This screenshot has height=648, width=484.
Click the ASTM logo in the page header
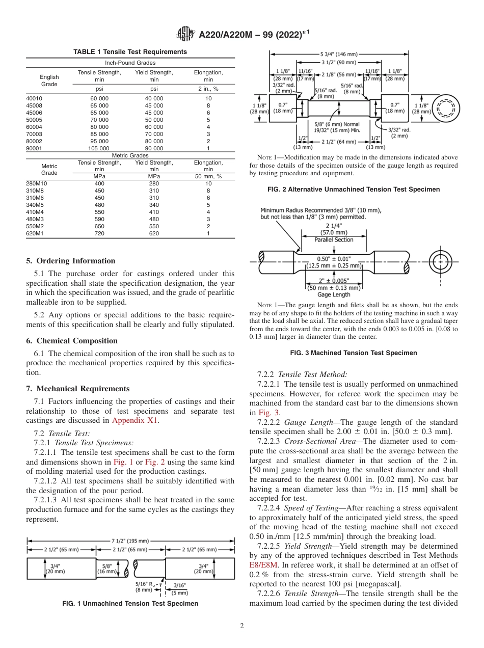point(185,34)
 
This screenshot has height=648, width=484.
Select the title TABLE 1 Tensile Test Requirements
point(130,52)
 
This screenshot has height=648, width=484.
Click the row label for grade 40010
point(35,98)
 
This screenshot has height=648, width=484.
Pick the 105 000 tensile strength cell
point(99,148)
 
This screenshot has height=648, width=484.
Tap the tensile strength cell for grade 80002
point(99,141)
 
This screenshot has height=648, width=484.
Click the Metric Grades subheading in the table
point(130,155)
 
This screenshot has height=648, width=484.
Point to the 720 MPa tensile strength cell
point(99,233)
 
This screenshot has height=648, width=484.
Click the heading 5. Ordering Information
point(71,261)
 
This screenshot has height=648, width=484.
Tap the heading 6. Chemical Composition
point(72,341)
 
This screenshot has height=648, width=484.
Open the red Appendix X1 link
point(135,420)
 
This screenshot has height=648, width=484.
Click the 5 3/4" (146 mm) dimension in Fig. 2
point(339,53)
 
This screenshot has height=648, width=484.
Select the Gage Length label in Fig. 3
point(334,294)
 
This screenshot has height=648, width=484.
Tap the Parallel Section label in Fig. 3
point(334,239)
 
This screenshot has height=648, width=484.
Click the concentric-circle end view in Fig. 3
point(438,262)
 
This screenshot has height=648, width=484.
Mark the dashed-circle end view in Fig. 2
point(446,107)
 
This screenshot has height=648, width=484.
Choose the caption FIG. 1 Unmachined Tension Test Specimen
point(130,604)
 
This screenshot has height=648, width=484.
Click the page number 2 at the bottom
point(241,626)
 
